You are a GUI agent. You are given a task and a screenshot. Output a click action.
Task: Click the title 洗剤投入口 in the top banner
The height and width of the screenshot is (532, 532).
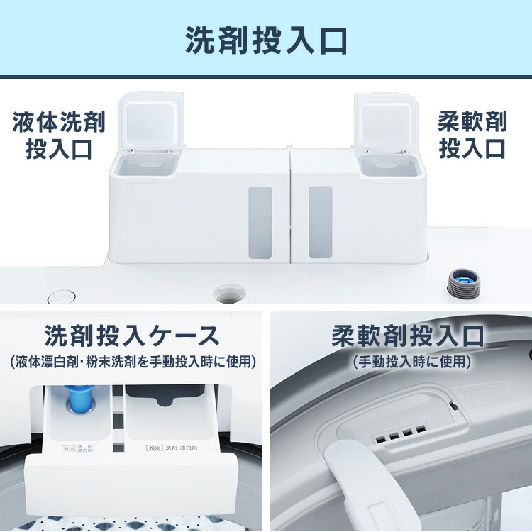pos(266,40)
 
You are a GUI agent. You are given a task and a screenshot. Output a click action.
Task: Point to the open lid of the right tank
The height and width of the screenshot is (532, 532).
pos(382,121)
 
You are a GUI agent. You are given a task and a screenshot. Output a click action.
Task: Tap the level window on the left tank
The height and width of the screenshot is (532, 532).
pos(260,221)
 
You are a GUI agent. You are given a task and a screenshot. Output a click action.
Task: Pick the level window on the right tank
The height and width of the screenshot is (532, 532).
pos(320,221)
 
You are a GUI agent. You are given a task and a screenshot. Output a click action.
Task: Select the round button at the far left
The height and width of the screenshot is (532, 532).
pos(61,297)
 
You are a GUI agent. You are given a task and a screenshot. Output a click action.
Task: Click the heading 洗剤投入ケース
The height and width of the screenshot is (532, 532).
pos(132,336)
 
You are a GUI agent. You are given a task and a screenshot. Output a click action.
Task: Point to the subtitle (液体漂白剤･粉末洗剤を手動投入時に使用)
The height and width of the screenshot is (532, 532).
pos(132,362)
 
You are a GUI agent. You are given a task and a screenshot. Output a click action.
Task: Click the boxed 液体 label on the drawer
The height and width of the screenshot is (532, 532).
pos(69,449)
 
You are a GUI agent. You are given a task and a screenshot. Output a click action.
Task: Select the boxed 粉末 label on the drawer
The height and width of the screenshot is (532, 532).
pos(155,448)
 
